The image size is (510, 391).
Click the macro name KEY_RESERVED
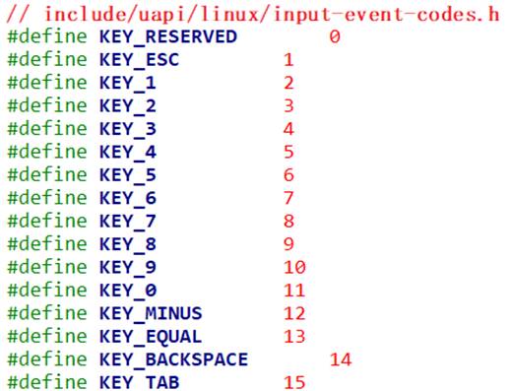pyautogui.click(x=168, y=37)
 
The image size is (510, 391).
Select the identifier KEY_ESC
pyautogui.click(x=139, y=60)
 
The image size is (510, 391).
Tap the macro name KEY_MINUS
pyautogui.click(x=151, y=313)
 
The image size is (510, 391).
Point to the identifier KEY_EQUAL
pyautogui.click(x=151, y=337)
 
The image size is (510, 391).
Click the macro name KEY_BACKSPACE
pyautogui.click(x=173, y=359)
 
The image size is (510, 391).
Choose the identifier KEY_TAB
pyautogui.click(x=139, y=382)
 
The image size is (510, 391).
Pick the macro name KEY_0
pyautogui.click(x=128, y=291)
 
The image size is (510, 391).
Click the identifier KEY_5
pyautogui.click(x=128, y=175)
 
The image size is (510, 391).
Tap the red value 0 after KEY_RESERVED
pyautogui.click(x=335, y=36)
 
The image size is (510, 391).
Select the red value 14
pyautogui.click(x=341, y=359)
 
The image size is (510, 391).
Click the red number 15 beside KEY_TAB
pyautogui.click(x=294, y=382)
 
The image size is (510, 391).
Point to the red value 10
pyautogui.click(x=294, y=267)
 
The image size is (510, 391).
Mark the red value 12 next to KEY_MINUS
pyautogui.click(x=294, y=313)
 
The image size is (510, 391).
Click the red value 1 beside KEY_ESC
pyautogui.click(x=288, y=60)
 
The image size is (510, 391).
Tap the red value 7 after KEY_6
pyautogui.click(x=288, y=198)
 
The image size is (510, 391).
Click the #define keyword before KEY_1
pyautogui.click(x=47, y=83)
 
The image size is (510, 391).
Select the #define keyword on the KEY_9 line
pyautogui.click(x=47, y=267)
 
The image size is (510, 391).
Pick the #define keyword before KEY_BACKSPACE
pyautogui.click(x=47, y=359)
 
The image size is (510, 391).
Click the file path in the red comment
pyautogui.click(x=272, y=14)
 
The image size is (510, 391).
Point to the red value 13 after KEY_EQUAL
pyautogui.click(x=294, y=337)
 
